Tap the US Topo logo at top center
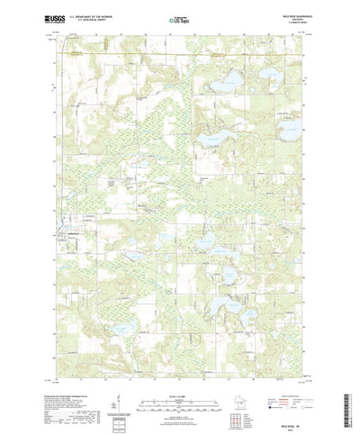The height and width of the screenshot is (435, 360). coord(180,17)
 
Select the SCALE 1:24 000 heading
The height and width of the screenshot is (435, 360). coord(179,376)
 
